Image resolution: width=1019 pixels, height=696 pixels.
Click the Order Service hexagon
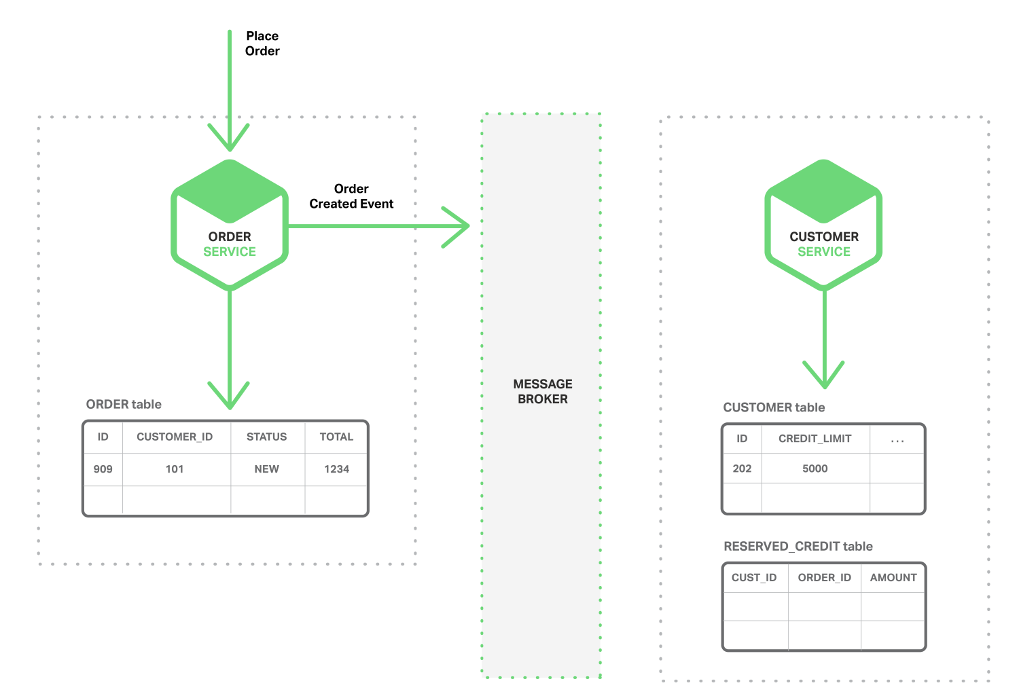pos(230,225)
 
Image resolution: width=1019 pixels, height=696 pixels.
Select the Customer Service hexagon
pos(823,225)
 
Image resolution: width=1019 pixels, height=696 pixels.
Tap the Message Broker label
pos(542,392)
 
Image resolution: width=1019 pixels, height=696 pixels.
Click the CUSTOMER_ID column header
pos(175,437)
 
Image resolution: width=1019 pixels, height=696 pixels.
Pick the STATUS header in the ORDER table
pos(266,437)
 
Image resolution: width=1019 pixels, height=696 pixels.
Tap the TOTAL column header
pos(336,437)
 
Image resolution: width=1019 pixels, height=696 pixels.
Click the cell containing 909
pos(103,469)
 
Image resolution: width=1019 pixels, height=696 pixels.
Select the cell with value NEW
pos(266,469)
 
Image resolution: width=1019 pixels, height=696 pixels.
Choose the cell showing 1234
pos(336,469)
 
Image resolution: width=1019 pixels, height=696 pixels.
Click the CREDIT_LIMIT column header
pos(815,439)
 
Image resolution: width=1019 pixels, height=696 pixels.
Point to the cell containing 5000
pos(815,469)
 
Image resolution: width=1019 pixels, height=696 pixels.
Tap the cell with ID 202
pos(742,469)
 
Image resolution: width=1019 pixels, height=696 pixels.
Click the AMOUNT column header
pos(893,578)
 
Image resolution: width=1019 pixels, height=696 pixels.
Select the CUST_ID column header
pos(754,578)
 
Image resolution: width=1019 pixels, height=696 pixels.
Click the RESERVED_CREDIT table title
pos(798,547)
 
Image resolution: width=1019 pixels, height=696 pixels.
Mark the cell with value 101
pos(175,469)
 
